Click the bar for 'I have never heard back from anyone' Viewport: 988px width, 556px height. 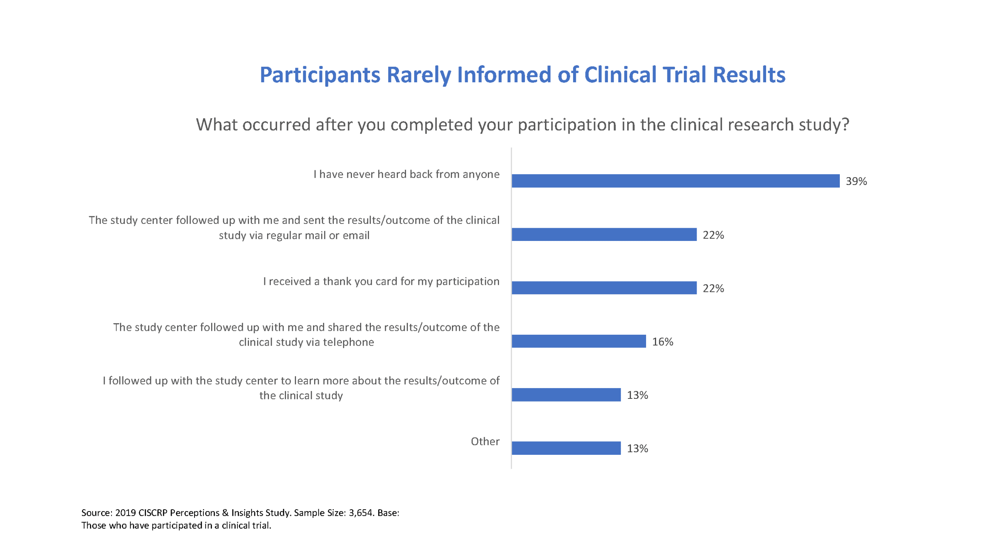pyautogui.click(x=675, y=181)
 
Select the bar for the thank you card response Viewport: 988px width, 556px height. pyautogui.click(x=604, y=288)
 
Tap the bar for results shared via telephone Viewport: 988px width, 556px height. pyautogui.click(x=579, y=341)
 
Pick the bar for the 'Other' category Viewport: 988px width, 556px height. pyautogui.click(x=566, y=448)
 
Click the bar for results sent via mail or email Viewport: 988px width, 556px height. pyautogui.click(x=604, y=234)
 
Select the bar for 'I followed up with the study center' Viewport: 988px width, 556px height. pyautogui.click(x=566, y=395)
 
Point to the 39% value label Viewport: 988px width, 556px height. pyautogui.click(x=856, y=181)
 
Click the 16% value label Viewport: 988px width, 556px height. pyautogui.click(x=662, y=342)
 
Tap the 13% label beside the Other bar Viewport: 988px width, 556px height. pyautogui.click(x=637, y=448)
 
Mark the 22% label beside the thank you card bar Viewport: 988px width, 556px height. pyautogui.click(x=713, y=288)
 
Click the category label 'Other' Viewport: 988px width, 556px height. pyautogui.click(x=485, y=441)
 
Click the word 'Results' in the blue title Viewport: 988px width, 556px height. pyautogui.click(x=749, y=75)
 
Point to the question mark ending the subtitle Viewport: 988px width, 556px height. pyautogui.click(x=845, y=124)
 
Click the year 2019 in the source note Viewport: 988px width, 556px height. pyautogui.click(x=125, y=513)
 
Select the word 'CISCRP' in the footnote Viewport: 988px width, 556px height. pyautogui.click(x=152, y=513)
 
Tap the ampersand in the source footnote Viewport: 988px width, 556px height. pyautogui.click(x=225, y=513)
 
